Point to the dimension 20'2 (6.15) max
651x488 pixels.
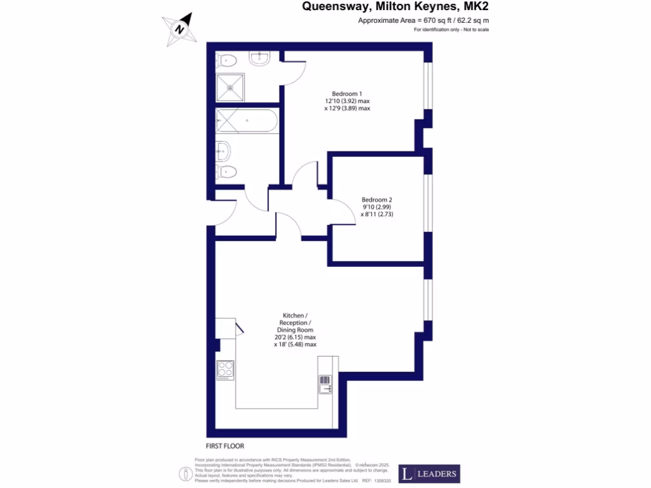tap(295, 337)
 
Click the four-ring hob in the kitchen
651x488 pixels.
tap(226, 370)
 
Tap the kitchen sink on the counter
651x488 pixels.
tap(325, 384)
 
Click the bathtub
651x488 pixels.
tap(246, 121)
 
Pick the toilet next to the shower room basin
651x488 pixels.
tap(227, 60)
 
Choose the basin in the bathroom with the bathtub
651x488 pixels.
tap(223, 151)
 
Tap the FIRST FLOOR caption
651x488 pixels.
tap(225, 446)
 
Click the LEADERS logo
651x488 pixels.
tap(428, 474)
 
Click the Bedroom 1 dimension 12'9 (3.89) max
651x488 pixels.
tap(347, 108)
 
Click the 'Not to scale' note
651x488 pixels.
tap(473, 30)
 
